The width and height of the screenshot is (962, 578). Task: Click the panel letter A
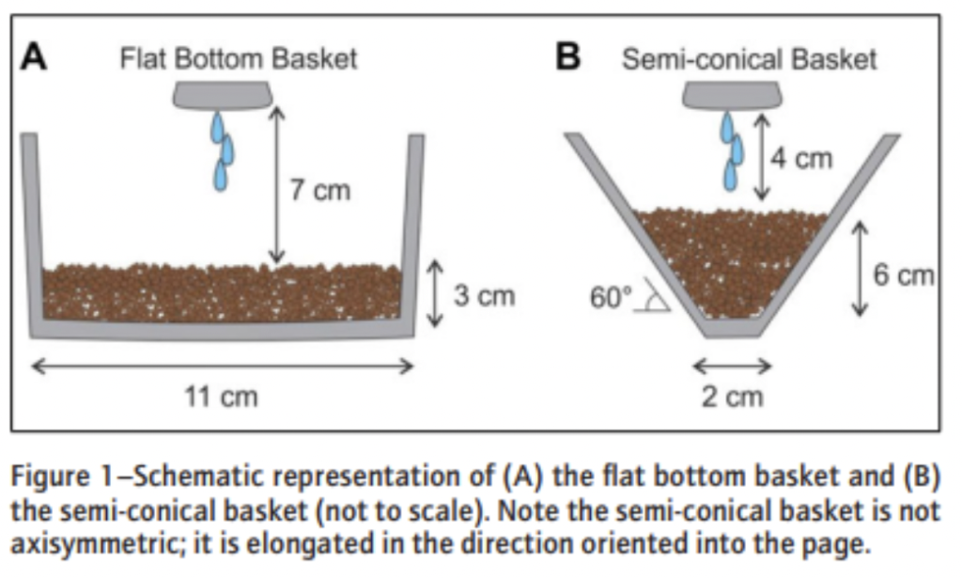pyautogui.click(x=35, y=57)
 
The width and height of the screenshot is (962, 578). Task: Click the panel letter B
pyautogui.click(x=568, y=57)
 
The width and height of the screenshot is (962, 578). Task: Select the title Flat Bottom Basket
pyautogui.click(x=239, y=58)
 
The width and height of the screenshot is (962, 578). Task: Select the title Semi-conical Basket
pyautogui.click(x=749, y=59)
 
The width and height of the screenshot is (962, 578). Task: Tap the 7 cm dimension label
pyautogui.click(x=318, y=191)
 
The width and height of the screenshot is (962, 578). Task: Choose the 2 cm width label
pyautogui.click(x=732, y=397)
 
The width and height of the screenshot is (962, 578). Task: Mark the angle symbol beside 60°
pyautogui.click(x=654, y=298)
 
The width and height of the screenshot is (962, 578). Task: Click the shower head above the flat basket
pyautogui.click(x=222, y=94)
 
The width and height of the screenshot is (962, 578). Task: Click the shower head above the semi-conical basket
pyautogui.click(x=732, y=94)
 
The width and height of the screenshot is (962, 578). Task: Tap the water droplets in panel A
pyautogui.click(x=222, y=150)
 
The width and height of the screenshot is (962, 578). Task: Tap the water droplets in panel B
pyautogui.click(x=732, y=150)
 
